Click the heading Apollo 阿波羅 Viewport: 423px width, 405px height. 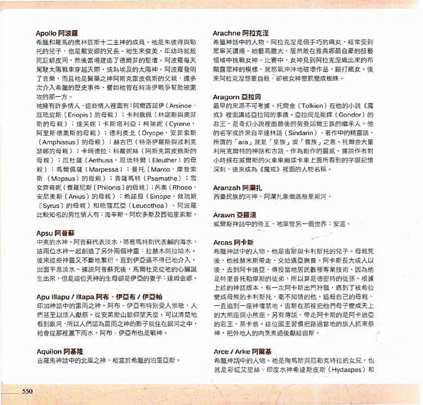click(57, 33)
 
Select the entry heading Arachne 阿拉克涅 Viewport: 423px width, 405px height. click(240, 33)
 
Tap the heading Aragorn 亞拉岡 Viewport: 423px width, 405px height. click(237, 97)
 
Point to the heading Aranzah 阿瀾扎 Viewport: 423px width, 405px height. click(238, 188)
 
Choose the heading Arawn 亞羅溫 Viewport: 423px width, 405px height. click(234, 215)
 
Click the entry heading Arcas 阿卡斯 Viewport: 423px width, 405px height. click(233, 242)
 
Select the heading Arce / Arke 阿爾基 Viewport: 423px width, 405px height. click(243, 352)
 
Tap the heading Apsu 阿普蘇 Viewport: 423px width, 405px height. click(55, 233)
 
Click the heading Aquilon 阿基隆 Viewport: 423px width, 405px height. click(60, 352)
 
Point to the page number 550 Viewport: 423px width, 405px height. click(27, 391)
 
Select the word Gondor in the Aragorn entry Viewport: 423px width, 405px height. click(349, 115)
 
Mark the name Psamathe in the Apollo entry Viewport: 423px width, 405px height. click(163, 178)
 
